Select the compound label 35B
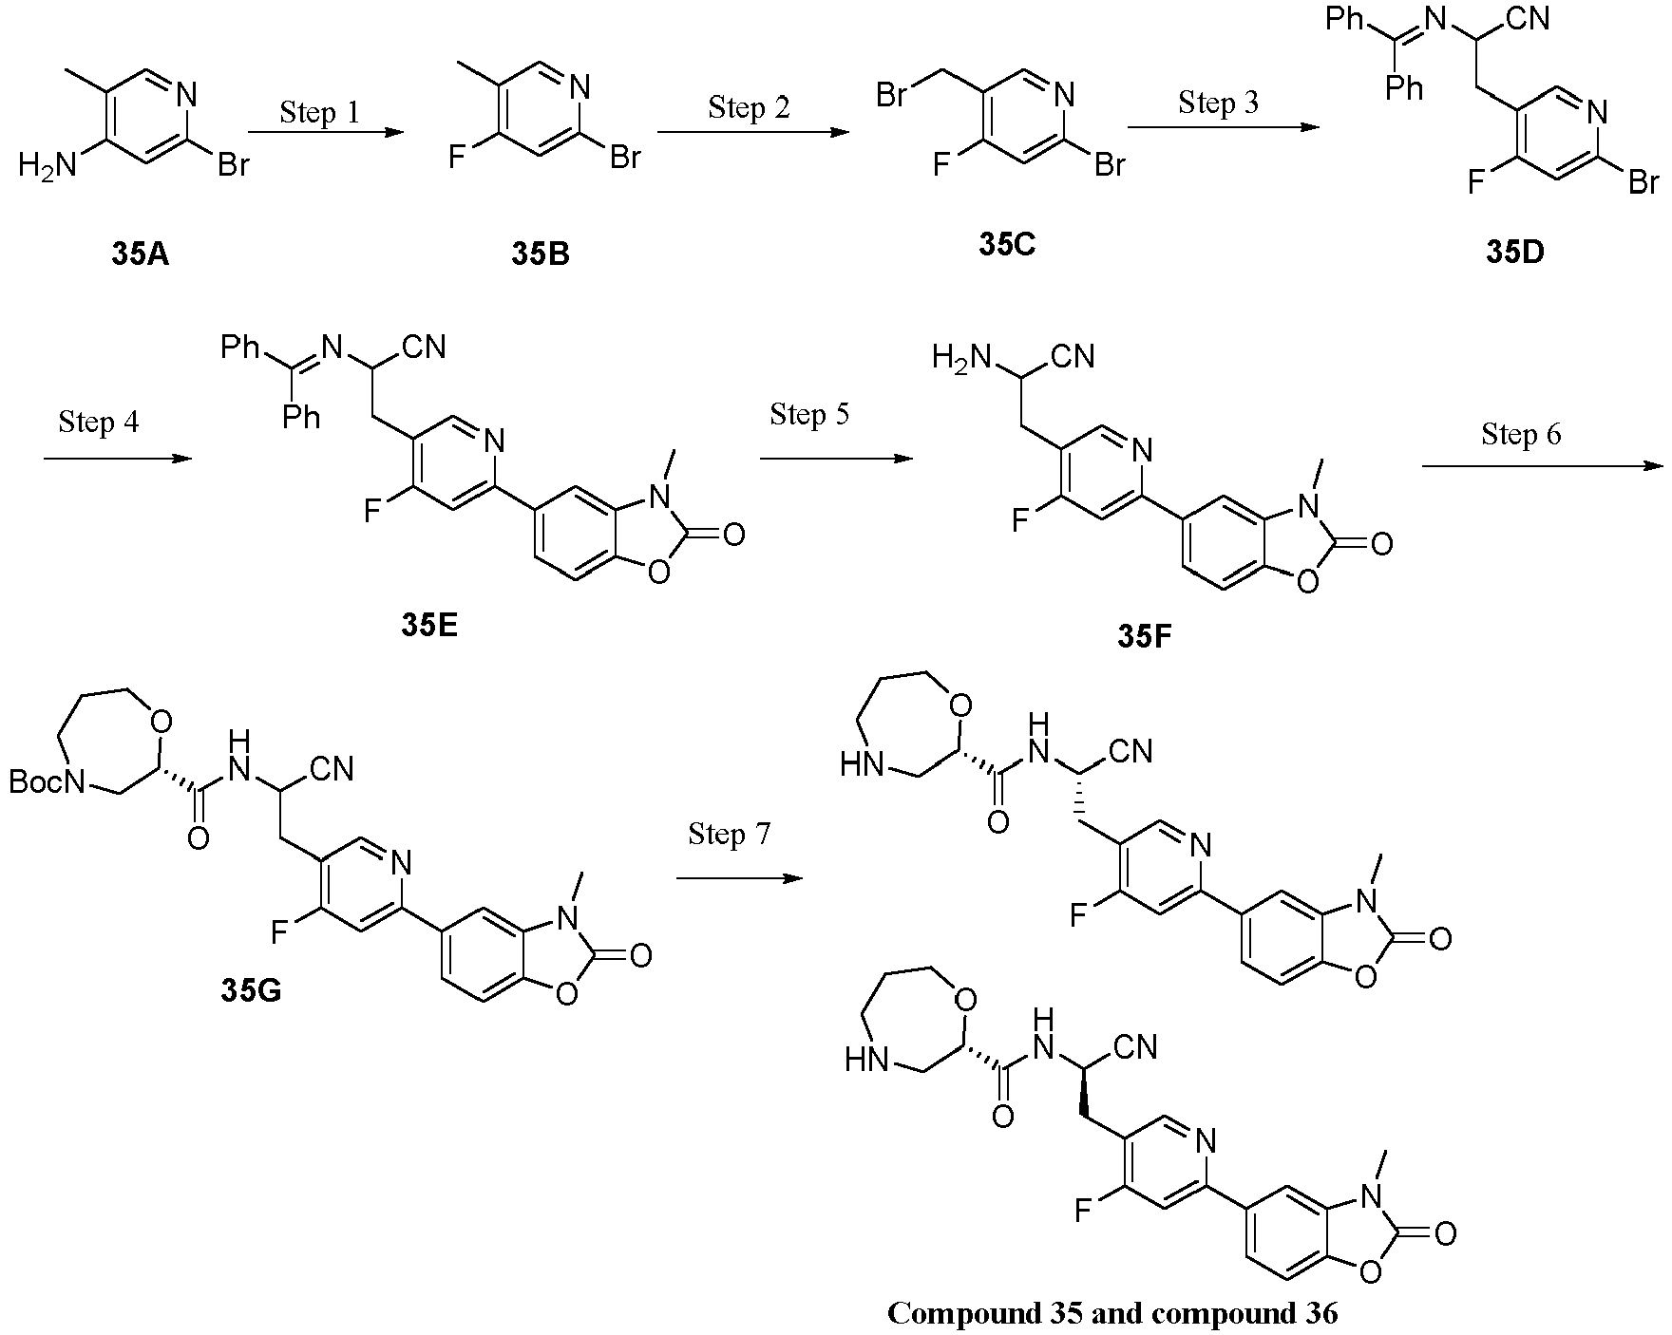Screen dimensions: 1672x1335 click(541, 254)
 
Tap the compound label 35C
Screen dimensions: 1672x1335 click(1008, 245)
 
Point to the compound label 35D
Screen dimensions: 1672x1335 click(1515, 254)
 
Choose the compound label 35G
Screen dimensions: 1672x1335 click(251, 990)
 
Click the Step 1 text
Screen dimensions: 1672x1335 click(320, 112)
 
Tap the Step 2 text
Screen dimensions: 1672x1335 click(749, 106)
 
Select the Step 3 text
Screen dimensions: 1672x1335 click(1219, 101)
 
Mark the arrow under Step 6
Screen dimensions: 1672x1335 click(1543, 465)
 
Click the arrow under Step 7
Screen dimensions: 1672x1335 click(740, 878)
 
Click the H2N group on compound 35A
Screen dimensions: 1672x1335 click(47, 167)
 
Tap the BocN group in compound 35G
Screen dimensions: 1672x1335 click(48, 782)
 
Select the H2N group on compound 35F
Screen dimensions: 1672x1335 click(961, 357)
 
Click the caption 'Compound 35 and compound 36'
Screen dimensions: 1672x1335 click(1112, 1313)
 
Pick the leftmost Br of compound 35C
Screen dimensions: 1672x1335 click(892, 96)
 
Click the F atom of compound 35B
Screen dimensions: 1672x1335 click(457, 157)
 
